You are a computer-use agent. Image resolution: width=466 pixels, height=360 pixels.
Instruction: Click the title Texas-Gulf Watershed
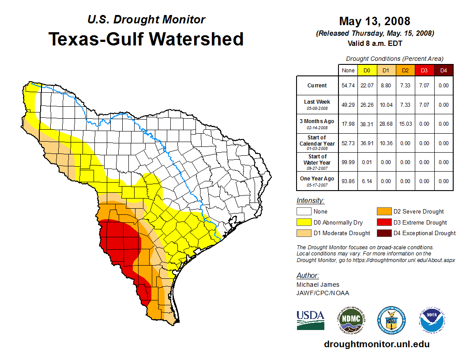(x=146, y=39)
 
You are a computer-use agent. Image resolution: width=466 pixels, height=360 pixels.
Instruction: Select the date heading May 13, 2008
(x=375, y=21)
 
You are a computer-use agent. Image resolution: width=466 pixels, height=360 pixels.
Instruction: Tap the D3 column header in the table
(x=424, y=71)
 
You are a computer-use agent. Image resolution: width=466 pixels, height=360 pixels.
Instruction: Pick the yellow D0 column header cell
(x=367, y=71)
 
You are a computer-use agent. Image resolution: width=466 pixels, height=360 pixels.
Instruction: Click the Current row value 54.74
(x=348, y=86)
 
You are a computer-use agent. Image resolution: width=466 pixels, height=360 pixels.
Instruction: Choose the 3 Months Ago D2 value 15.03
(x=405, y=124)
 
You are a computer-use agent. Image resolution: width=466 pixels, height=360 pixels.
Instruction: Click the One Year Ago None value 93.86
(x=348, y=181)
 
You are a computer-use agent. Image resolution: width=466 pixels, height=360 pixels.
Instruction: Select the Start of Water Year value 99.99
(x=348, y=162)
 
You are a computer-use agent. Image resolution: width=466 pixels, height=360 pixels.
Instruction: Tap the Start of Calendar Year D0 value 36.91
(x=367, y=143)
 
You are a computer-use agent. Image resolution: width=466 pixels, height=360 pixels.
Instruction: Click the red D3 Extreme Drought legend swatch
(x=382, y=222)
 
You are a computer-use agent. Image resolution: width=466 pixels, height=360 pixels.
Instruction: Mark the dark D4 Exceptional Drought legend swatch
(x=382, y=233)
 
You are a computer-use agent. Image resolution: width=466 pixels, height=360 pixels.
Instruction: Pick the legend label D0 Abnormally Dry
(x=338, y=222)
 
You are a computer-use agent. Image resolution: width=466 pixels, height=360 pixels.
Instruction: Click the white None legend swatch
(x=304, y=212)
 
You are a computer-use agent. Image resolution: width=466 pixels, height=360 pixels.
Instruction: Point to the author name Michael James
(x=318, y=285)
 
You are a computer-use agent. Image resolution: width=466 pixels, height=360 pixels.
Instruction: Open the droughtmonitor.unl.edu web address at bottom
(x=376, y=344)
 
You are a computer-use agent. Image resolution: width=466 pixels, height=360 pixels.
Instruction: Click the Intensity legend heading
(x=310, y=201)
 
